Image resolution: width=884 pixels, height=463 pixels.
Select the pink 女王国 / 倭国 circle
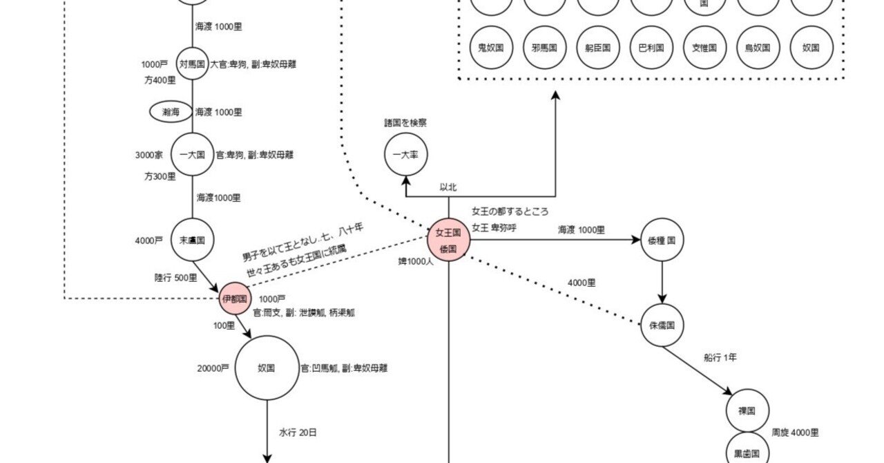point(449,240)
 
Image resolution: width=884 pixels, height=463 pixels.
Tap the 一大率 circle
point(406,155)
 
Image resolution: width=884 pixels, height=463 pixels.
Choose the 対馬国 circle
point(192,64)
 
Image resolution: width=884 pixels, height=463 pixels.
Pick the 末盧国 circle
point(192,240)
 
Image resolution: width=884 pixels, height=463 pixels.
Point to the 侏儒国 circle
point(662,325)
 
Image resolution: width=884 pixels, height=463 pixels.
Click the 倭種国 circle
point(662,240)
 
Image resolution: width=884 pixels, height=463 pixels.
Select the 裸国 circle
point(747,410)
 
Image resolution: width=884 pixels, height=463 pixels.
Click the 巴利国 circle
point(651,48)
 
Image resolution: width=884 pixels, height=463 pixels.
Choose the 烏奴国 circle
point(758,48)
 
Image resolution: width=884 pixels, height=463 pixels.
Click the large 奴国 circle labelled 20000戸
point(267,368)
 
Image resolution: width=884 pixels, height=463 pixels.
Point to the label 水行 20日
point(298,433)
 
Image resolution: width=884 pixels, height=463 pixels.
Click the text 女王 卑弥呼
point(494,227)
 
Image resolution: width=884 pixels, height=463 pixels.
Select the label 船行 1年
point(720,357)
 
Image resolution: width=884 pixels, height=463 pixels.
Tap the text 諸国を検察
point(405,123)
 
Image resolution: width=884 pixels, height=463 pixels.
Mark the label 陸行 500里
point(175,278)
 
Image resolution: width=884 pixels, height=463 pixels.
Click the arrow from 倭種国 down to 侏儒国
point(662,282)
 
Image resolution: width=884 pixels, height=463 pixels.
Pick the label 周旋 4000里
point(795,433)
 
